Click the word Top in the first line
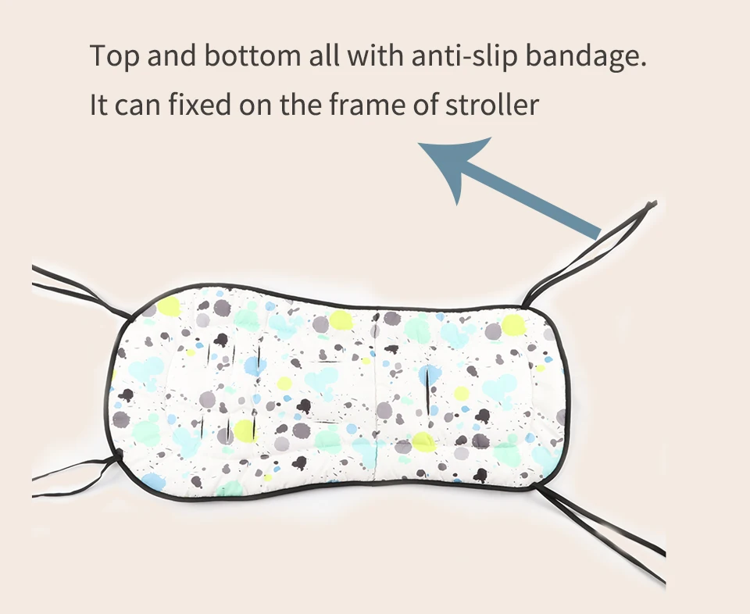tap(113, 57)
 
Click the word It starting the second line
tap(98, 104)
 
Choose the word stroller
tap(492, 104)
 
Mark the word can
tap(137, 105)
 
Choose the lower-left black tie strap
tap(74, 467)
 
